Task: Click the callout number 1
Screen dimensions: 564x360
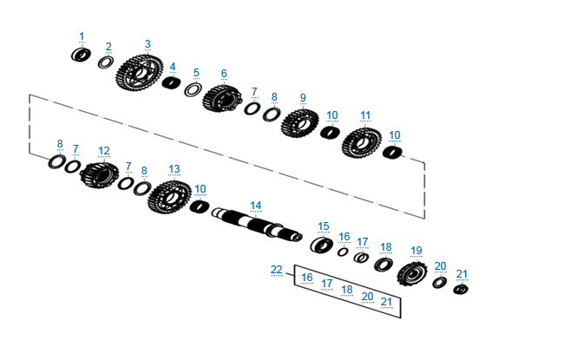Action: pyautogui.click(x=82, y=36)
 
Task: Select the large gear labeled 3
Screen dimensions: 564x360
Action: pyautogui.click(x=139, y=73)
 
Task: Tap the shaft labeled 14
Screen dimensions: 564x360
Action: pyautogui.click(x=257, y=224)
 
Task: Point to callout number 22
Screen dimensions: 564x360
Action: pyautogui.click(x=276, y=270)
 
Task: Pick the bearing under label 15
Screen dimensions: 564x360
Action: pyautogui.click(x=321, y=245)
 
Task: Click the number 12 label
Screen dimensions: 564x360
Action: pyautogui.click(x=103, y=151)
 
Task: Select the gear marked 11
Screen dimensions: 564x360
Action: pyautogui.click(x=362, y=143)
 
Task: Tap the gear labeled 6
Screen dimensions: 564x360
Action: pyautogui.click(x=222, y=99)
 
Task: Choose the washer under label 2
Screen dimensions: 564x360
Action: pyautogui.click(x=106, y=62)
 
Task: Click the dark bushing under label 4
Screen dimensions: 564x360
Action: pyautogui.click(x=172, y=82)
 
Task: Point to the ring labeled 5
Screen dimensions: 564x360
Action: pyautogui.click(x=193, y=89)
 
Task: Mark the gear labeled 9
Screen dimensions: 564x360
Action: pyautogui.click(x=299, y=123)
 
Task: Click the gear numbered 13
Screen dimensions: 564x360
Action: pyautogui.click(x=169, y=197)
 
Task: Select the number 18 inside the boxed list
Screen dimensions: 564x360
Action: pyautogui.click(x=347, y=290)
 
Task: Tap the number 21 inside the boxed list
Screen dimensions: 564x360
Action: pyautogui.click(x=386, y=301)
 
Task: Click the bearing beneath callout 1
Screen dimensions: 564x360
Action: pyautogui.click(x=81, y=55)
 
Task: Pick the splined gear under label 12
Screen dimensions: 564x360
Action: pyautogui.click(x=99, y=174)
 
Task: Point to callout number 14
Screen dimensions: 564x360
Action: pyautogui.click(x=255, y=206)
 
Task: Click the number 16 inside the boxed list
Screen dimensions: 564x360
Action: pyautogui.click(x=307, y=278)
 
